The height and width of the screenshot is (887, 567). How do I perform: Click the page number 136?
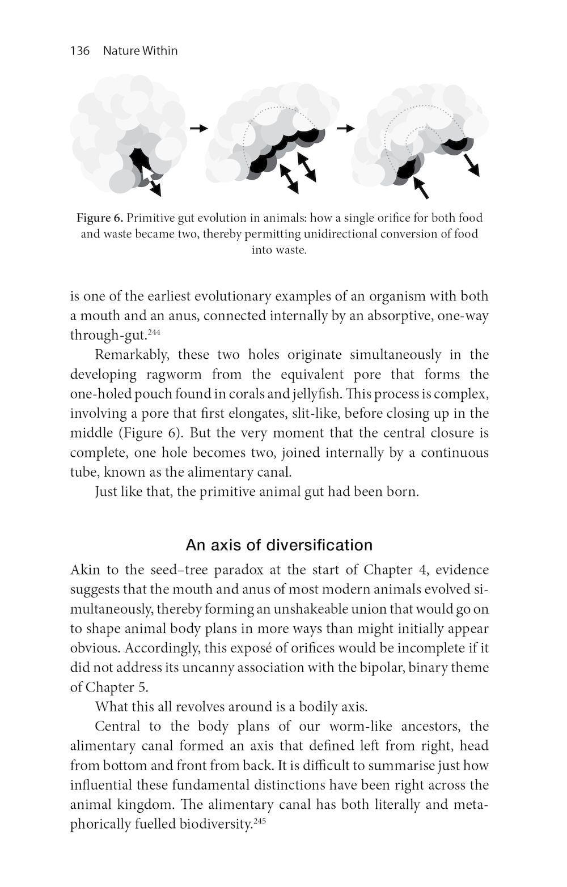[80, 51]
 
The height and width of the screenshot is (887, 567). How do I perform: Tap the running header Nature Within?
[140, 51]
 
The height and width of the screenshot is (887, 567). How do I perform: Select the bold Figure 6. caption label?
[100, 218]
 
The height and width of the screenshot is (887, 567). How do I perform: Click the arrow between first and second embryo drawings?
[198, 129]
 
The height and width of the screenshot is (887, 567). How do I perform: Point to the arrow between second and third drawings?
[345, 129]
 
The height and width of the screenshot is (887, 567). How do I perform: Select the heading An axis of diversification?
[279, 545]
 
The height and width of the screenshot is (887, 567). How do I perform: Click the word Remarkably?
[132, 355]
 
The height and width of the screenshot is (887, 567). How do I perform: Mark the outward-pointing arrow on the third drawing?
[471, 165]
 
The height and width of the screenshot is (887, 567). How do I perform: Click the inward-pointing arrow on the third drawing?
[420, 188]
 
